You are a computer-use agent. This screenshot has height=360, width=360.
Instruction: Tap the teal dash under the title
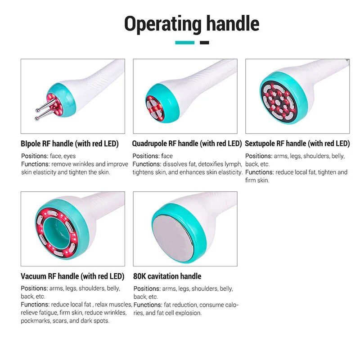(184, 43)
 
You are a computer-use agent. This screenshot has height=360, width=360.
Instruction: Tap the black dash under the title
(204, 43)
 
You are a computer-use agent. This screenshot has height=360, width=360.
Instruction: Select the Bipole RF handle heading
(70, 144)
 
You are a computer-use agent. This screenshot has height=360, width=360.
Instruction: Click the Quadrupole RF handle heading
(187, 144)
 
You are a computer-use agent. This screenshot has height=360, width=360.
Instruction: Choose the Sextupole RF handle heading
(297, 144)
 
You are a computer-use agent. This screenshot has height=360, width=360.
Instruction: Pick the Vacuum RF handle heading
(72, 276)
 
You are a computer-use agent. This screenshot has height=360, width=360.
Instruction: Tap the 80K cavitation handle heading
(167, 276)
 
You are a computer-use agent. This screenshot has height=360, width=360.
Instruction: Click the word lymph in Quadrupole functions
(234, 164)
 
